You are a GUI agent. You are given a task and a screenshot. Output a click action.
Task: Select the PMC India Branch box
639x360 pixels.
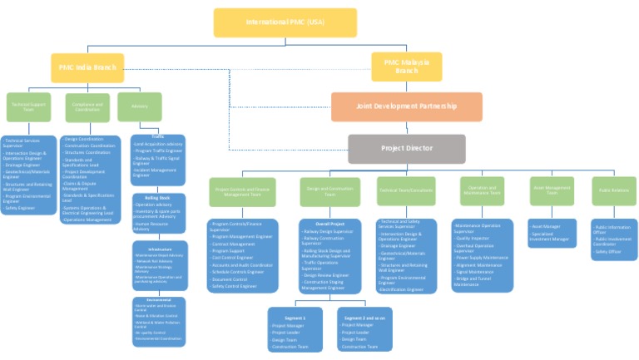87,67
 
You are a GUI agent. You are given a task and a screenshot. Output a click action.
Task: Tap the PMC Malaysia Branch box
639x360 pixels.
406,67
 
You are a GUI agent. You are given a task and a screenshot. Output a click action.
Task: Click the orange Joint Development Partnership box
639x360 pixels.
406,106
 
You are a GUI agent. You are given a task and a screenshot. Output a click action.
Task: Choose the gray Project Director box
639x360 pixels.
406,148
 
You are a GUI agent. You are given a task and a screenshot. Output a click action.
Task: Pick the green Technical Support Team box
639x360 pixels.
28,106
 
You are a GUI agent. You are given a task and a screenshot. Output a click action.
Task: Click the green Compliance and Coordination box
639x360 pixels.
87,106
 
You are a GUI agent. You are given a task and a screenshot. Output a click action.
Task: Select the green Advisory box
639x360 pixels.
139,106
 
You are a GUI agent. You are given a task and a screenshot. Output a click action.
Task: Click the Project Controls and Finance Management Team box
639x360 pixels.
242,191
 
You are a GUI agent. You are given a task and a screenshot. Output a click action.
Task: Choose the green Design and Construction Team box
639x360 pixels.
330,191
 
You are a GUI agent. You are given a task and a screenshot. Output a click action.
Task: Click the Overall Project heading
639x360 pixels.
330,224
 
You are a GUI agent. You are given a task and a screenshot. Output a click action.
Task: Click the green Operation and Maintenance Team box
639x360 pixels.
483,191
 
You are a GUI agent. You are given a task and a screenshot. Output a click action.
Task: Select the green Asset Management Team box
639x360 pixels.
552,191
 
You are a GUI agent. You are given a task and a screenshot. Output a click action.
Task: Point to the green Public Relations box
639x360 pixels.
615,191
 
